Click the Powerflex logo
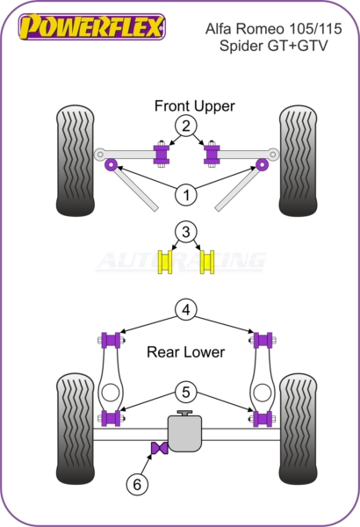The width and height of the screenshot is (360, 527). coord(92,27)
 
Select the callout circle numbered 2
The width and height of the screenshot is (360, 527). coord(186,126)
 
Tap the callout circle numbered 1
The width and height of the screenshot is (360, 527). coord(186,195)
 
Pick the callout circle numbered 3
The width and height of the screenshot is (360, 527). coord(186,232)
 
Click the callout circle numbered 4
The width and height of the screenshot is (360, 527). coord(186,309)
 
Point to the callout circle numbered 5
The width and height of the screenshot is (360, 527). coord(186,392)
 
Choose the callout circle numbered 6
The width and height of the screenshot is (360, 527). coord(137,485)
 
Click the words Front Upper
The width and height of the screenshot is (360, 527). coord(194,106)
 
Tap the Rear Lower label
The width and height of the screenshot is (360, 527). coord(185,352)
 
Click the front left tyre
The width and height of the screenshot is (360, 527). coord(75,161)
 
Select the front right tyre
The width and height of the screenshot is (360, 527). coord(299,161)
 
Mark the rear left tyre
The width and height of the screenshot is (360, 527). coord(75,429)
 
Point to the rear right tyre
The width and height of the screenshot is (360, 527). coord(299,429)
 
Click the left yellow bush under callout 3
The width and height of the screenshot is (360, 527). coord(165,262)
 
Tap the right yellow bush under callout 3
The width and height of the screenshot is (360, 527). coord(207,262)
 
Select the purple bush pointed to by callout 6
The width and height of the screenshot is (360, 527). coord(159,448)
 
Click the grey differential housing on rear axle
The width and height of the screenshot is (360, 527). coord(185,431)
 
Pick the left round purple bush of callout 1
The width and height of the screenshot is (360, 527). coord(111,165)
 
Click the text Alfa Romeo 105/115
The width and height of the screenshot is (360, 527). coord(273,29)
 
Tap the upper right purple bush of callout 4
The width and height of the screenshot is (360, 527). coord(263,340)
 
